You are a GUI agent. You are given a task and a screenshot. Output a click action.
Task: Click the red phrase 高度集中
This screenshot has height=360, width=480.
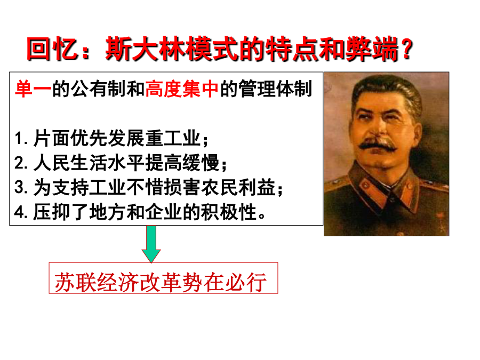point(182,89)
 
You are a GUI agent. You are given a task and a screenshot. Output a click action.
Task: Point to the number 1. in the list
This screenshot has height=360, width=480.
point(21,138)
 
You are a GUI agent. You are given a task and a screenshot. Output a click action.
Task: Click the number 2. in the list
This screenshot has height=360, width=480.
point(21,163)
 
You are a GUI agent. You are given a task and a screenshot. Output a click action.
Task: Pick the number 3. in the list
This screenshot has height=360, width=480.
point(21,187)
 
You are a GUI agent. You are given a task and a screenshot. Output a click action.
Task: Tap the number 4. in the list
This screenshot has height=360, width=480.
point(21,212)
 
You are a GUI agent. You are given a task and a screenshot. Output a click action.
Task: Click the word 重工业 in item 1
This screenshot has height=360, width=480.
point(173,138)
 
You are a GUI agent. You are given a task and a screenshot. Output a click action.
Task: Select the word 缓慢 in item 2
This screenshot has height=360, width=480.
point(201,163)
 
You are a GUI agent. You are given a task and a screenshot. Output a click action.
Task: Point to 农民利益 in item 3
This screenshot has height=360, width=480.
point(238,187)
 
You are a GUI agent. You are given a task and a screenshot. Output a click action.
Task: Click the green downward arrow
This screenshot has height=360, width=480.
point(151,244)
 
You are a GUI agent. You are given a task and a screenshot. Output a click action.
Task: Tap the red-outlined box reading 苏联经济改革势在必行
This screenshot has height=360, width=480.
point(164,278)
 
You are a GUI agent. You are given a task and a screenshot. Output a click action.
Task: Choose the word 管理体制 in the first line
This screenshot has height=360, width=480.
point(276,89)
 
